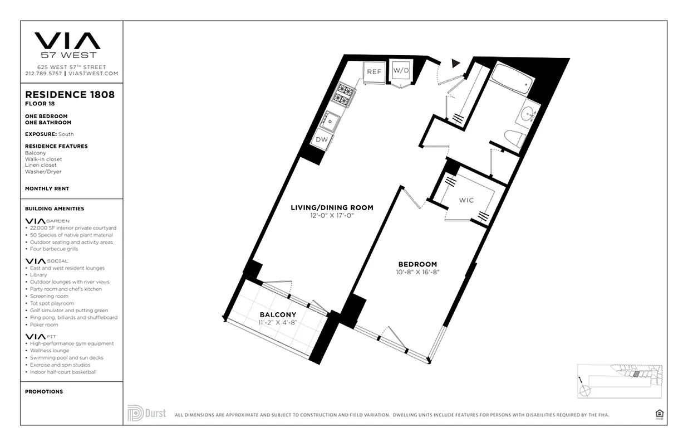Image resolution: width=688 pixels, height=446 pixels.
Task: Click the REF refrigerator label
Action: (x=374, y=71)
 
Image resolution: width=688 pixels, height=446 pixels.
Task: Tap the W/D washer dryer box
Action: (x=401, y=71)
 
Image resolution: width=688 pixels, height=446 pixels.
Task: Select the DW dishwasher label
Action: (x=322, y=140)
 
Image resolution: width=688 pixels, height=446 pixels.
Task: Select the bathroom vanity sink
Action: (x=526, y=114)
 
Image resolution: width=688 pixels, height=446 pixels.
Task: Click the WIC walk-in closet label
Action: (x=466, y=200)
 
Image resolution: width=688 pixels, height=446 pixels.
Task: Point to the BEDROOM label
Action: (x=417, y=264)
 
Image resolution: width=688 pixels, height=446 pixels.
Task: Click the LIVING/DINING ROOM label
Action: (x=332, y=207)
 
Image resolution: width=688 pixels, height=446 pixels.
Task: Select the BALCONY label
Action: (x=278, y=314)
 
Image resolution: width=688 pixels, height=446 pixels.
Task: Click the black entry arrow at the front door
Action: (x=456, y=64)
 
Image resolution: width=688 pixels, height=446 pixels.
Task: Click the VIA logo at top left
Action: (x=67, y=41)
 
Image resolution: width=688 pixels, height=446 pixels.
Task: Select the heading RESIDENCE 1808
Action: (x=70, y=95)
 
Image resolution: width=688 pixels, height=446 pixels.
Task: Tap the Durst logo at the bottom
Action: (x=146, y=413)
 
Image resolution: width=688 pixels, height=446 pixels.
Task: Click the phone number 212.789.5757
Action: (x=44, y=73)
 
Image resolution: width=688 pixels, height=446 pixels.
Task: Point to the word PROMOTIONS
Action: (x=44, y=391)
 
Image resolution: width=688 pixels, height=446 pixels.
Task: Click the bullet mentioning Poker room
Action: (x=44, y=324)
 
